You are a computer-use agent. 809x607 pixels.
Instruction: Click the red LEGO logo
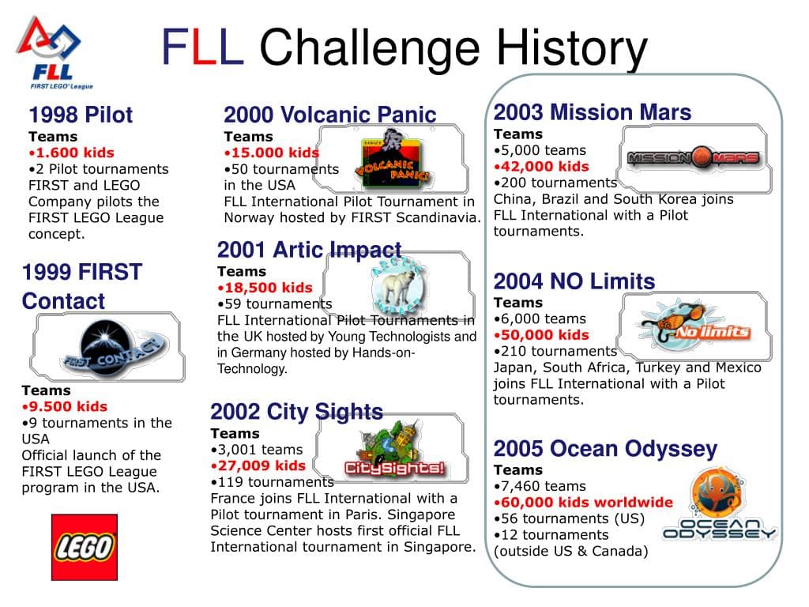click(84, 547)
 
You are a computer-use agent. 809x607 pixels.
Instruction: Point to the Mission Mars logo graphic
click(694, 157)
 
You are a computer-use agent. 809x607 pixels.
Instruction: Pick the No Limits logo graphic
click(694, 325)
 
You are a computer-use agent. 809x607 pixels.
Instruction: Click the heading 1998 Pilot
click(81, 115)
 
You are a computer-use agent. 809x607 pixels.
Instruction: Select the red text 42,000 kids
click(541, 166)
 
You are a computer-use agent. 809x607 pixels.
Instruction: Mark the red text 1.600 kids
click(71, 153)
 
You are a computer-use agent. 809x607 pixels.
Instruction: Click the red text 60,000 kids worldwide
click(584, 502)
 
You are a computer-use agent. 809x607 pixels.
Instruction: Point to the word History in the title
click(572, 48)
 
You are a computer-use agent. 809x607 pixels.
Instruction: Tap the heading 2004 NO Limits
click(574, 281)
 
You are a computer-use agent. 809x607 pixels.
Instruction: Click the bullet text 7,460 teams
click(540, 486)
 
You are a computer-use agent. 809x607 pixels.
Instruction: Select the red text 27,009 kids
click(258, 466)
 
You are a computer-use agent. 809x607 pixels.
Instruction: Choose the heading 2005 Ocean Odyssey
click(605, 449)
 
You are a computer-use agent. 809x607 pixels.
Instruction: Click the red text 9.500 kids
click(65, 406)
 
